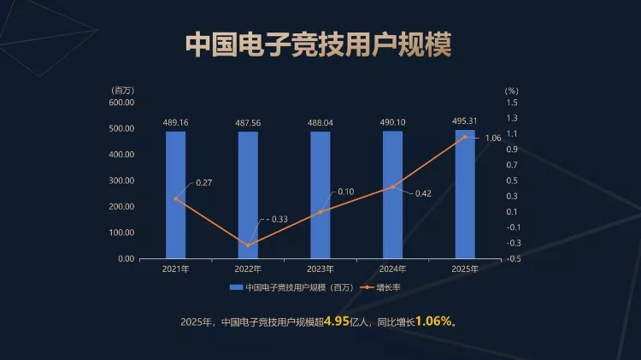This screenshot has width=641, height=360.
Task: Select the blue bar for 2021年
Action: pyautogui.click(x=175, y=194)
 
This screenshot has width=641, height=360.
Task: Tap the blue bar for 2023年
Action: pyautogui.click(x=320, y=194)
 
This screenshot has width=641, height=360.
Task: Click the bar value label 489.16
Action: pyautogui.click(x=175, y=123)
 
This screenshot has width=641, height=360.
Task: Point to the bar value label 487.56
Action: pyautogui.click(x=248, y=123)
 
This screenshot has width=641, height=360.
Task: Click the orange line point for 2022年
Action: pyautogui.click(x=248, y=245)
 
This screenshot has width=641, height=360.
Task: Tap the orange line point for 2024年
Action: pyautogui.click(x=393, y=186)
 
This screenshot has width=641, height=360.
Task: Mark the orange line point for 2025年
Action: pyautogui.click(x=465, y=137)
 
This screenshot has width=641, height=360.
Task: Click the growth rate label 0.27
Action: pyautogui.click(x=204, y=183)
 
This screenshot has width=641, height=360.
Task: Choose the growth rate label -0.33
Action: pyautogui.click(x=275, y=220)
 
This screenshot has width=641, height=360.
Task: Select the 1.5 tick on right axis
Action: pyautogui.click(x=512, y=103)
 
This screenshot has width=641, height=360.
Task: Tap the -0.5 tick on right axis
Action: pyautogui.click(x=514, y=258)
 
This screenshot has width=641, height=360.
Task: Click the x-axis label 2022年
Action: pyautogui.click(x=248, y=269)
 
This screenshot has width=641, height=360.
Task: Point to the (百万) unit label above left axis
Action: pyautogui.click(x=122, y=90)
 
